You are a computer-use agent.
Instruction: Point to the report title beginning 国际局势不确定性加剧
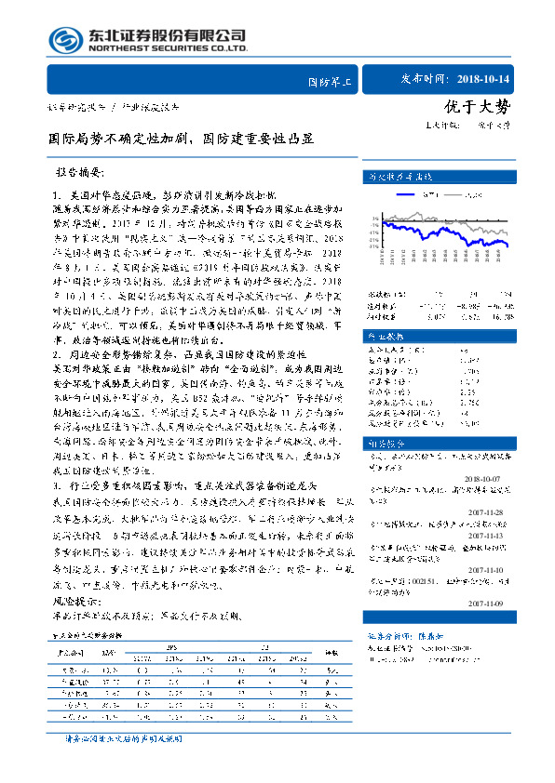(182, 140)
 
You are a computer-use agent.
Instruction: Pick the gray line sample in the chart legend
(456, 194)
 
